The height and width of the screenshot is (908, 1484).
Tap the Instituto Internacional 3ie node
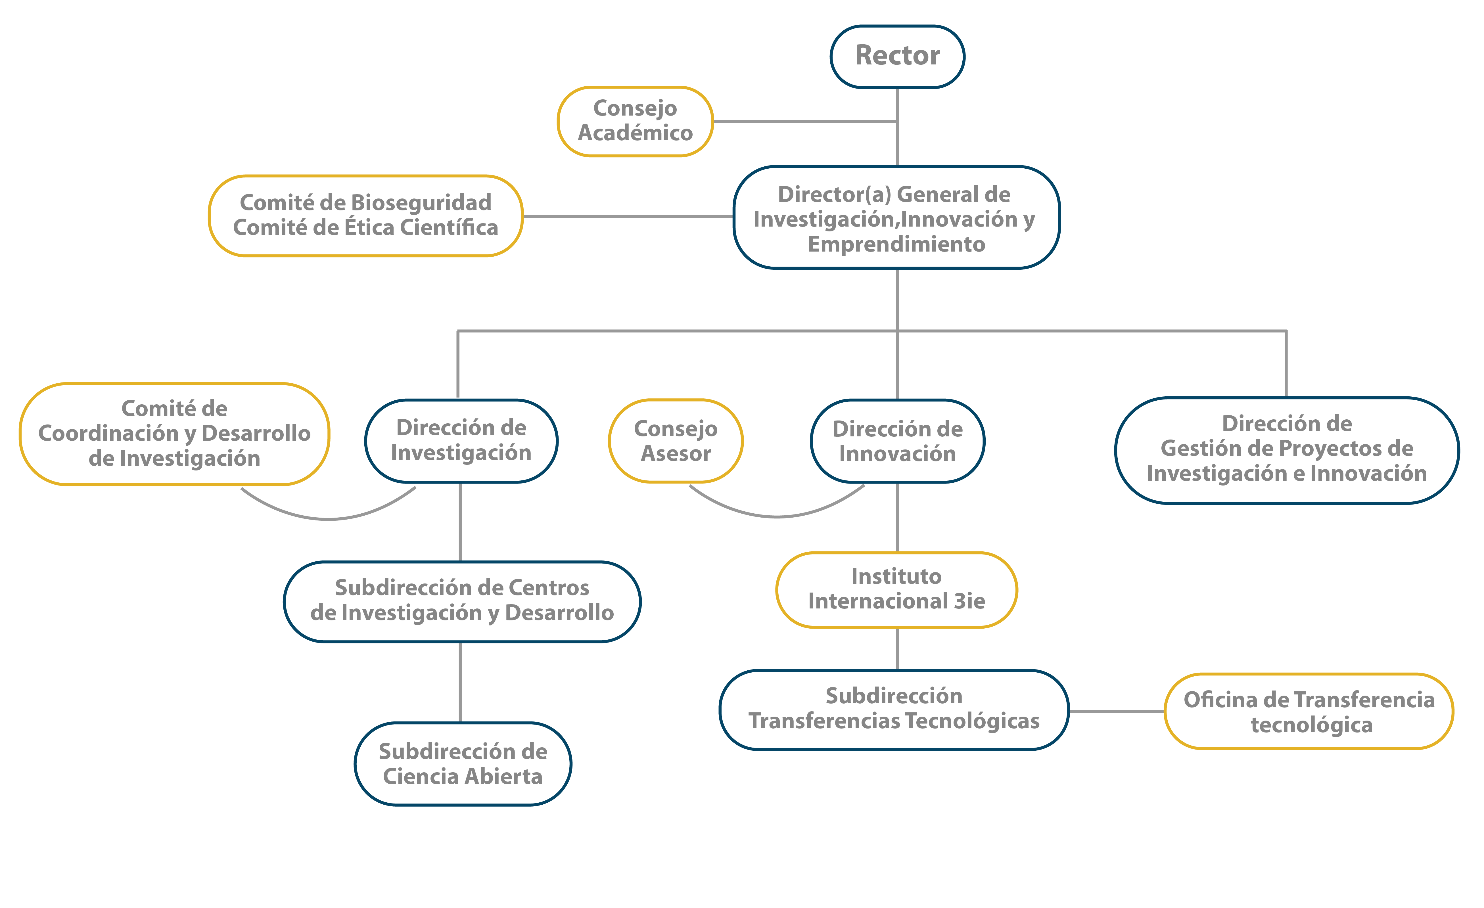[x=896, y=589]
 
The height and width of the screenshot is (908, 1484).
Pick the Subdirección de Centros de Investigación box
[x=462, y=601]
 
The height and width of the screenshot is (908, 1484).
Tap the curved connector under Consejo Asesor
[x=777, y=516]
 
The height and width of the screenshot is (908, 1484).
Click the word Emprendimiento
[x=896, y=244]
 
